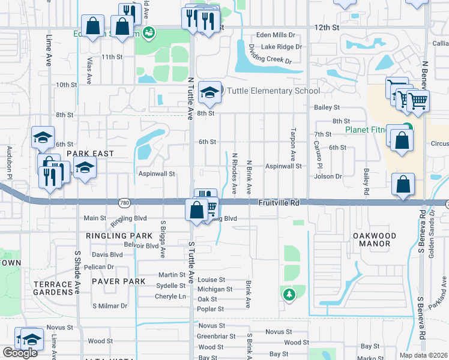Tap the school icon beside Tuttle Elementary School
[x=209, y=92]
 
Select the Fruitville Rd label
[x=279, y=203]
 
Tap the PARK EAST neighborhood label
[x=90, y=154]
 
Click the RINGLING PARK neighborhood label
[x=119, y=236]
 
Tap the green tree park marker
[x=289, y=295]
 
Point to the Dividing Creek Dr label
[x=271, y=61]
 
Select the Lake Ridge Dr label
[x=282, y=47]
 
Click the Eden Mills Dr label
[x=276, y=35]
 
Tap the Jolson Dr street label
[x=328, y=176]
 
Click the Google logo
[x=20, y=352]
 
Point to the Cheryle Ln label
[x=170, y=296]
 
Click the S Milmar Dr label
[x=110, y=306]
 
